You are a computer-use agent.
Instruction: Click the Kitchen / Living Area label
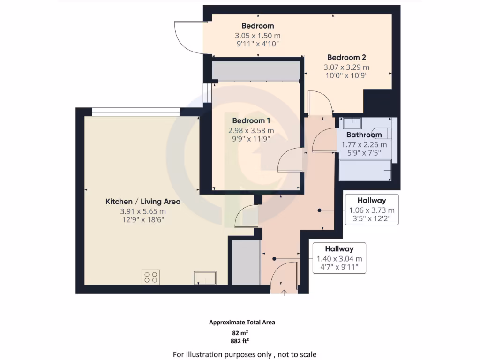click(143, 202)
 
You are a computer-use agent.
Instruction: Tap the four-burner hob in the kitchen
click(150, 277)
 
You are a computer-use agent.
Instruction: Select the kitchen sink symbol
click(205, 278)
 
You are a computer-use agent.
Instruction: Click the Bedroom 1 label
click(247, 120)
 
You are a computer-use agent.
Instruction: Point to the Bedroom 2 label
click(346, 57)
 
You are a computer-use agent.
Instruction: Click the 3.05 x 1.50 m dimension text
click(257, 36)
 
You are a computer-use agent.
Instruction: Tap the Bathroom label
click(364, 135)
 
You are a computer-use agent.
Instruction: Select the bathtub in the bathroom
click(365, 170)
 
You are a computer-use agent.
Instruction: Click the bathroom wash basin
click(352, 123)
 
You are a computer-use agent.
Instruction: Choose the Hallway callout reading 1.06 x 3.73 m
click(372, 210)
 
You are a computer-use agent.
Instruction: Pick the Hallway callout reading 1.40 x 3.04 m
click(339, 258)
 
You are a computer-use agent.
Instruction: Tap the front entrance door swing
click(285, 274)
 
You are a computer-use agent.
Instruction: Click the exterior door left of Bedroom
click(188, 37)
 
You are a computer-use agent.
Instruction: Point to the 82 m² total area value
click(242, 332)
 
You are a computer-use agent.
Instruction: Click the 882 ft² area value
click(242, 341)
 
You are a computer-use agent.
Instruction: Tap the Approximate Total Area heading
click(242, 322)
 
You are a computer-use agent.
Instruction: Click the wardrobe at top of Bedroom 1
click(255, 71)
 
